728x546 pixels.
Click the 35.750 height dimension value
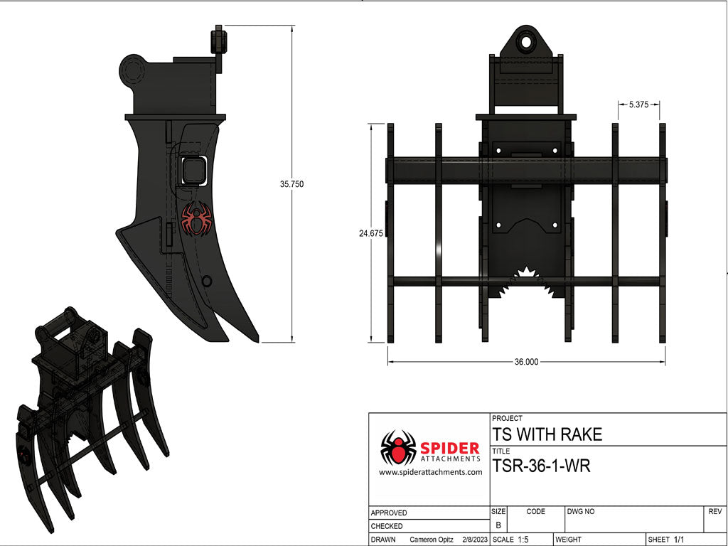pos(291,184)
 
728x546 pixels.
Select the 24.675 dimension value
pos(370,232)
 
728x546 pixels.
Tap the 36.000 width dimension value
pos(526,362)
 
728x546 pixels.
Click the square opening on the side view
pos(193,171)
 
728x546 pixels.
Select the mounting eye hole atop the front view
pos(527,41)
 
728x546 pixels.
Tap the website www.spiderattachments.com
pos(430,472)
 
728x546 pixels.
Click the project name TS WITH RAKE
pos(547,434)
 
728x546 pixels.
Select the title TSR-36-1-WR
pos(541,466)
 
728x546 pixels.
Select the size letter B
pos(498,525)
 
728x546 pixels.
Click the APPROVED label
pos(389,513)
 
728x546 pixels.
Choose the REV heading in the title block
pos(714,511)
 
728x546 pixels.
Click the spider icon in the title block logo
pos(398,448)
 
